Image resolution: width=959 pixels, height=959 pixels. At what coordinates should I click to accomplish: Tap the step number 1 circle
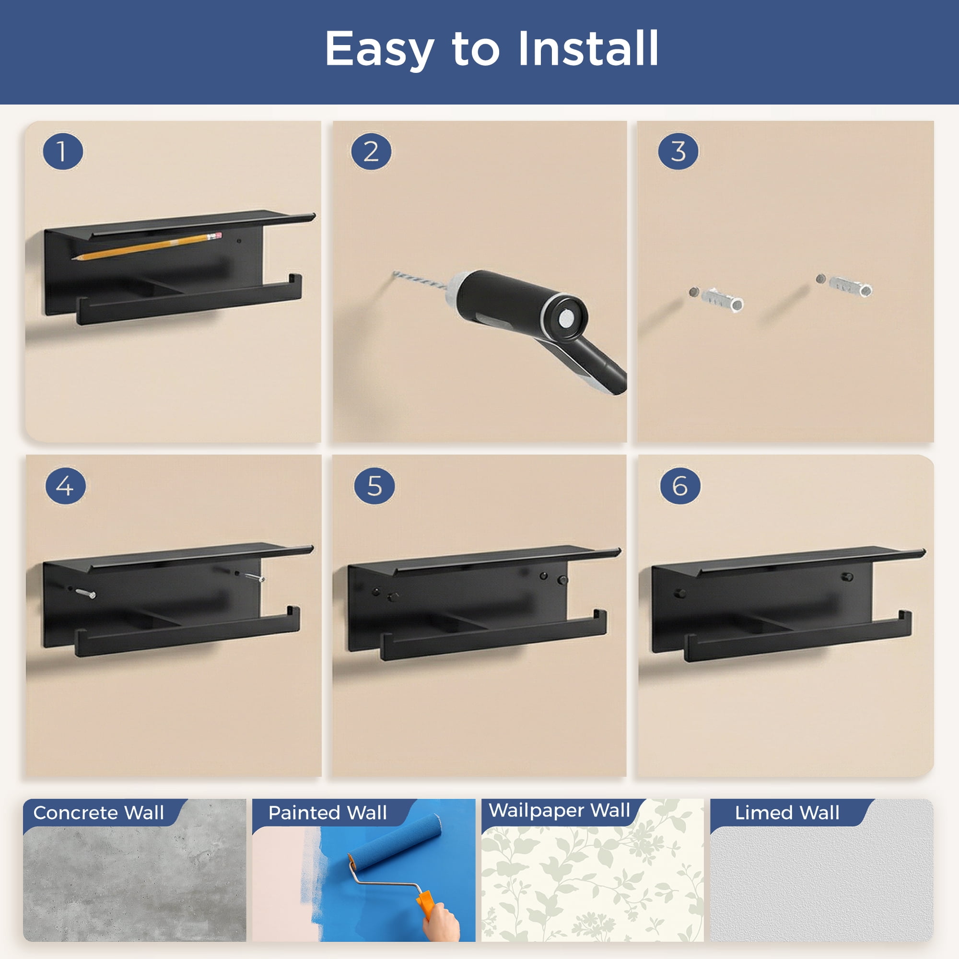click(x=62, y=152)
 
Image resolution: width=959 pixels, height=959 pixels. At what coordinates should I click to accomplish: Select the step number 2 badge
click(x=371, y=152)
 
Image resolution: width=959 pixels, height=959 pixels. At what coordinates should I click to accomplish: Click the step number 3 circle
click(x=678, y=152)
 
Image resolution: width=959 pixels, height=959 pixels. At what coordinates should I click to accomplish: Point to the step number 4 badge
click(x=66, y=485)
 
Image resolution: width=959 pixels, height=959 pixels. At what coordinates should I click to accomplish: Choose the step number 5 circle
click(x=374, y=485)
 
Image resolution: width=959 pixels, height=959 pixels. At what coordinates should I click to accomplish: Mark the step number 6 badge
click(x=680, y=485)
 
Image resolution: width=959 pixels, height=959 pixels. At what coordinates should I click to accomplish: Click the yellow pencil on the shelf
click(x=147, y=246)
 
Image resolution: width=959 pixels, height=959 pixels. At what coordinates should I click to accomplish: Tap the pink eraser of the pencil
click(x=216, y=235)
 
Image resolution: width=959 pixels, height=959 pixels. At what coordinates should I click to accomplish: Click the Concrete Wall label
click(x=98, y=813)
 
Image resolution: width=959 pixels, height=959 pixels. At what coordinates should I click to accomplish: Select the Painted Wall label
click(x=327, y=813)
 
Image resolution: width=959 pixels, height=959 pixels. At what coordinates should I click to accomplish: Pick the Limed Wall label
click(x=787, y=813)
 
